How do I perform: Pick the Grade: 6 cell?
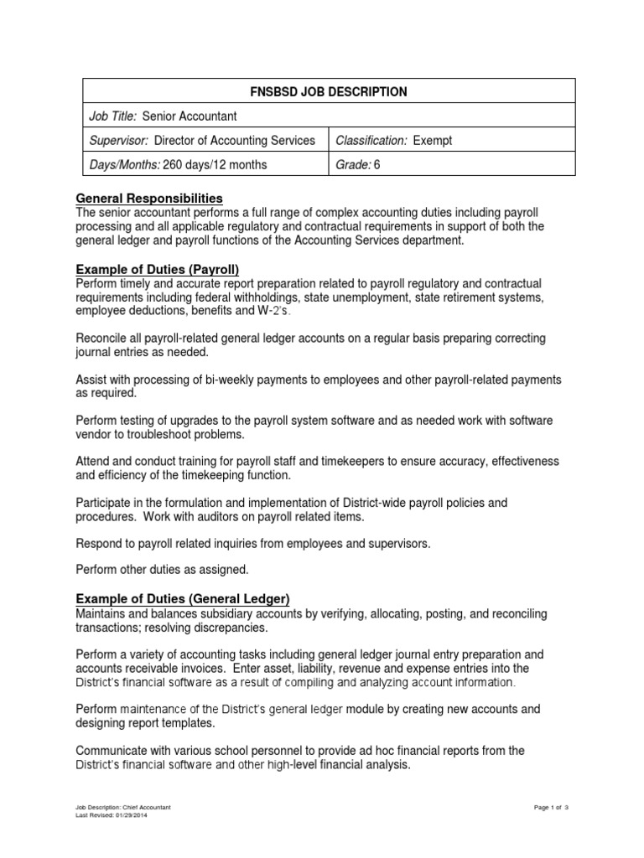pyautogui.click(x=358, y=164)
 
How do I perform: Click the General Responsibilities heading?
pyautogui.click(x=149, y=199)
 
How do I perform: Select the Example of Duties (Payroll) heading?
pyautogui.click(x=158, y=269)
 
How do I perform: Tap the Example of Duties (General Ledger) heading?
pyautogui.click(x=183, y=598)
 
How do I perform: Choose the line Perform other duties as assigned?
pyautogui.click(x=163, y=570)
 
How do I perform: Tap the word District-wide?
pyautogui.click(x=369, y=503)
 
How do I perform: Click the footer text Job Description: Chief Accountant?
pyautogui.click(x=123, y=807)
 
